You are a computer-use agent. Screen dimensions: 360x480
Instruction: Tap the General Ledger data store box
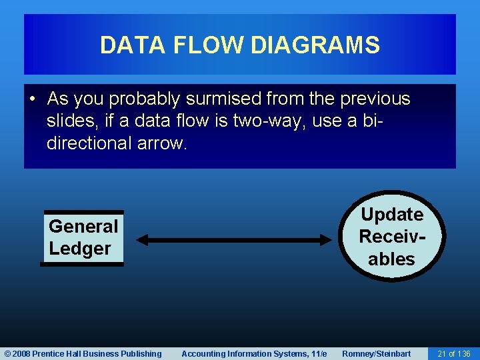click(x=83, y=238)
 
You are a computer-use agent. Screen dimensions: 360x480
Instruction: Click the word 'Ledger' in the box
click(x=79, y=249)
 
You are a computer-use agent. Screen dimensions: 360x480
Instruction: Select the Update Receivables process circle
click(x=391, y=237)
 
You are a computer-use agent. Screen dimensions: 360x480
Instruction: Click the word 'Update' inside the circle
click(x=391, y=215)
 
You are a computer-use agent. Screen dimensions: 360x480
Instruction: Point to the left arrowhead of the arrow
click(x=142, y=240)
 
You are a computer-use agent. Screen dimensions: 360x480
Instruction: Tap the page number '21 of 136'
click(x=453, y=354)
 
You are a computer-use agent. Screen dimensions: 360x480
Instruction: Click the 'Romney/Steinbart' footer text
click(x=376, y=354)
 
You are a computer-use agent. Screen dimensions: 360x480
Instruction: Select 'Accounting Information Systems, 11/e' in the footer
click(x=254, y=354)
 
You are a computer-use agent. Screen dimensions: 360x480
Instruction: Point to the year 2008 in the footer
click(x=21, y=354)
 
